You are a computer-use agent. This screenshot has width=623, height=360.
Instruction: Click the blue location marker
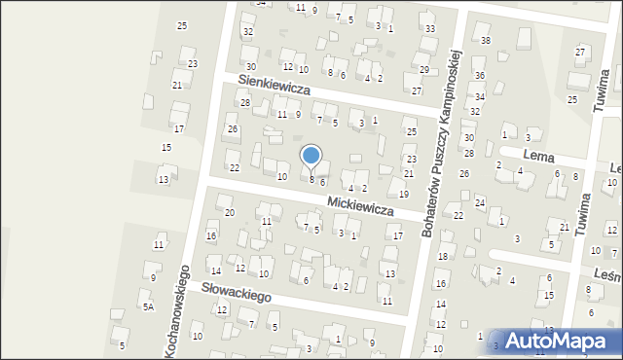(x=311, y=156)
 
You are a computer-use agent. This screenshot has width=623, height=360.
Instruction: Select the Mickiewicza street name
(x=360, y=206)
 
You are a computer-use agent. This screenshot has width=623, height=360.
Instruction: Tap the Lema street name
(x=537, y=155)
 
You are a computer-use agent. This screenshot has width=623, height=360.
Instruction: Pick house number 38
(x=486, y=40)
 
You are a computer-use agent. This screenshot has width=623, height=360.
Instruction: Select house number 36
(x=479, y=76)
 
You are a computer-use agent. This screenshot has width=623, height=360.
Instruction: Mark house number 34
(x=479, y=97)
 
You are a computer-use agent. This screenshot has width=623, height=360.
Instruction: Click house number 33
(x=429, y=30)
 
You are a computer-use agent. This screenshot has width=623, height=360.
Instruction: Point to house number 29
(x=423, y=70)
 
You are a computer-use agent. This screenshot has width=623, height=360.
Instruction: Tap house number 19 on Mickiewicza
(x=404, y=195)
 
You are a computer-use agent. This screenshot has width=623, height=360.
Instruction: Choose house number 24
(x=480, y=202)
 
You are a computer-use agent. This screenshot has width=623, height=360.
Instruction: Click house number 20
(x=230, y=212)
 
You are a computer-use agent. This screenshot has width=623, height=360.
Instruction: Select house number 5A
(x=148, y=306)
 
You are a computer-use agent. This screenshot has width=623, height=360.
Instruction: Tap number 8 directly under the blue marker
(x=311, y=180)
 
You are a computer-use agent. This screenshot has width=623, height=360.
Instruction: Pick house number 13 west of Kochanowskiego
(x=164, y=180)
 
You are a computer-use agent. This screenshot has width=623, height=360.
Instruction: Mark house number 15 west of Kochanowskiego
(x=166, y=147)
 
